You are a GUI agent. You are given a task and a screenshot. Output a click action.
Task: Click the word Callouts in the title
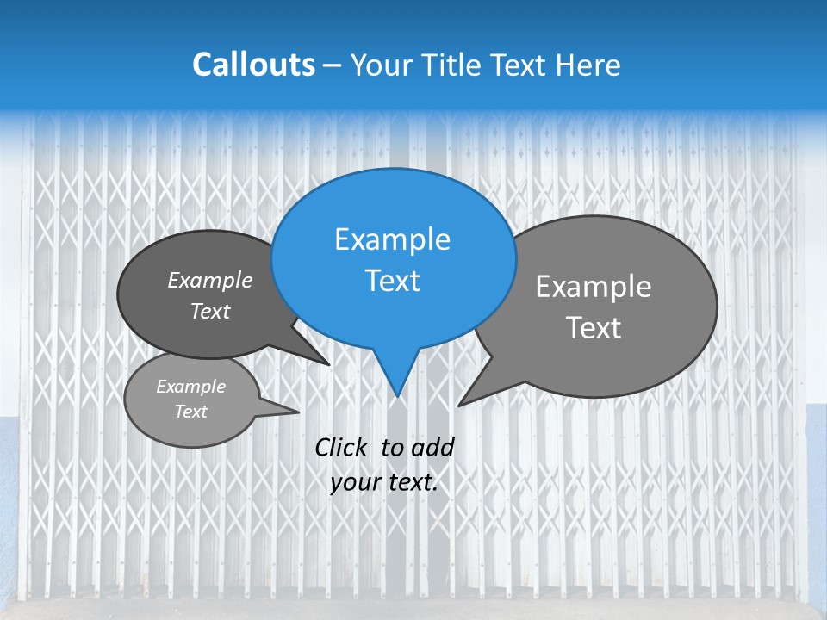click(253, 65)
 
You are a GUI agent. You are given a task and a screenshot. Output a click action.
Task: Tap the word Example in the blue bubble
click(392, 239)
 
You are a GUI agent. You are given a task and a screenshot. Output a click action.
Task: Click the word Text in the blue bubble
click(392, 281)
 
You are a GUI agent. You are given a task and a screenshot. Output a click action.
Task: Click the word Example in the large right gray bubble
click(594, 287)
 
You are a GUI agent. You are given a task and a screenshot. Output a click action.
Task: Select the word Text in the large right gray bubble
click(594, 328)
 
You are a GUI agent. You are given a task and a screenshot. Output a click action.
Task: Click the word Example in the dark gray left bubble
click(209, 280)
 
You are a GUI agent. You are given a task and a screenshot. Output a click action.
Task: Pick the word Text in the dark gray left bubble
click(209, 311)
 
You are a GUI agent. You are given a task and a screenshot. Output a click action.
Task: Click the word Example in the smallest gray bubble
click(190, 387)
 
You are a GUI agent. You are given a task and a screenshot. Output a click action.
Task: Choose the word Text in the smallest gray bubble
click(190, 412)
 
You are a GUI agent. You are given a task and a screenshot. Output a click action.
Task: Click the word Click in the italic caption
click(341, 447)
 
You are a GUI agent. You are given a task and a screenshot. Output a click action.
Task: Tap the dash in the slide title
click(333, 65)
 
